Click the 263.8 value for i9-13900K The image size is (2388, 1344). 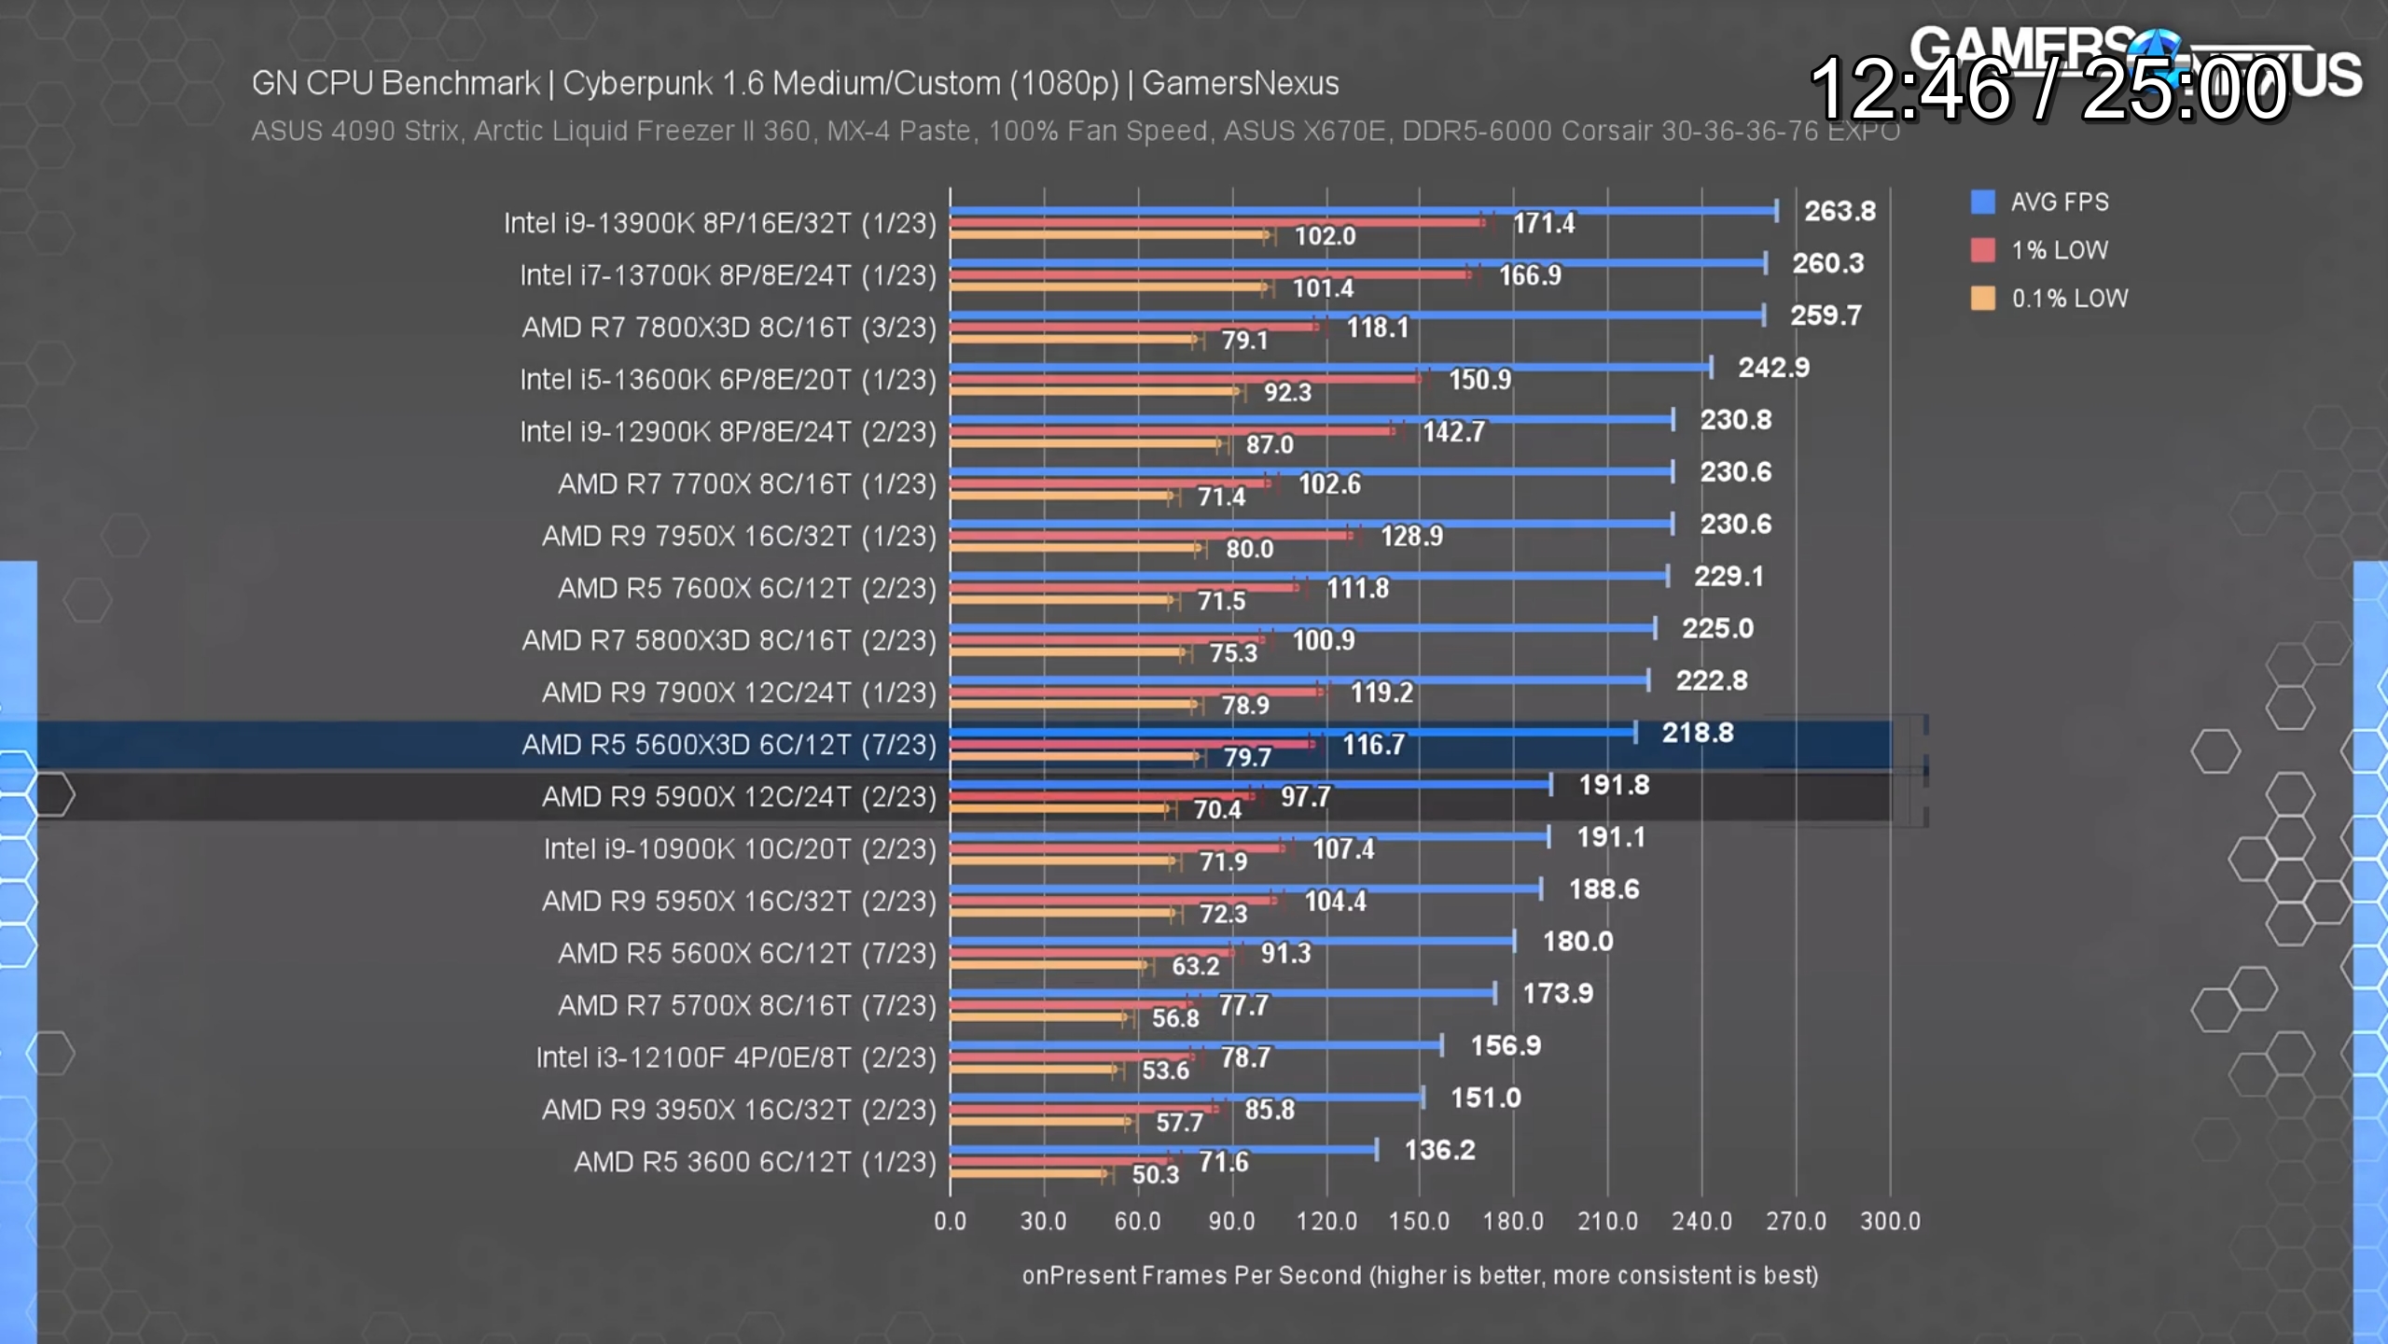coord(1839,211)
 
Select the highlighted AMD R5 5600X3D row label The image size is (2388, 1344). coord(729,745)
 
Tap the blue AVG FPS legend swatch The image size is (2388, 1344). coord(1982,202)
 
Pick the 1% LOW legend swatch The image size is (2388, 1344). coord(1982,250)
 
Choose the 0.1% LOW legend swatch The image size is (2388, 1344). coord(1982,299)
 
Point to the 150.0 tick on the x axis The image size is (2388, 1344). coord(1419,1221)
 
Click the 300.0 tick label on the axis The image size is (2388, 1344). coord(1890,1221)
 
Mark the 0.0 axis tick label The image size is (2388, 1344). coord(950,1221)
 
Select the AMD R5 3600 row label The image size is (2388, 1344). coord(755,1162)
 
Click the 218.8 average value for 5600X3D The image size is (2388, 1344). coord(1697,733)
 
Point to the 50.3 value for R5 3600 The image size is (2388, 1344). coord(1155,1174)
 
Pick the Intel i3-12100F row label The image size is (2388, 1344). coord(735,1057)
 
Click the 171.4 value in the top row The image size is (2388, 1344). coord(1543,223)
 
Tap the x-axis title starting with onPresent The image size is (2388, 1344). coord(1420,1276)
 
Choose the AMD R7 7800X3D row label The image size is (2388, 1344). coord(729,328)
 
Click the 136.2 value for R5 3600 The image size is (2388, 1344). coord(1439,1150)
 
